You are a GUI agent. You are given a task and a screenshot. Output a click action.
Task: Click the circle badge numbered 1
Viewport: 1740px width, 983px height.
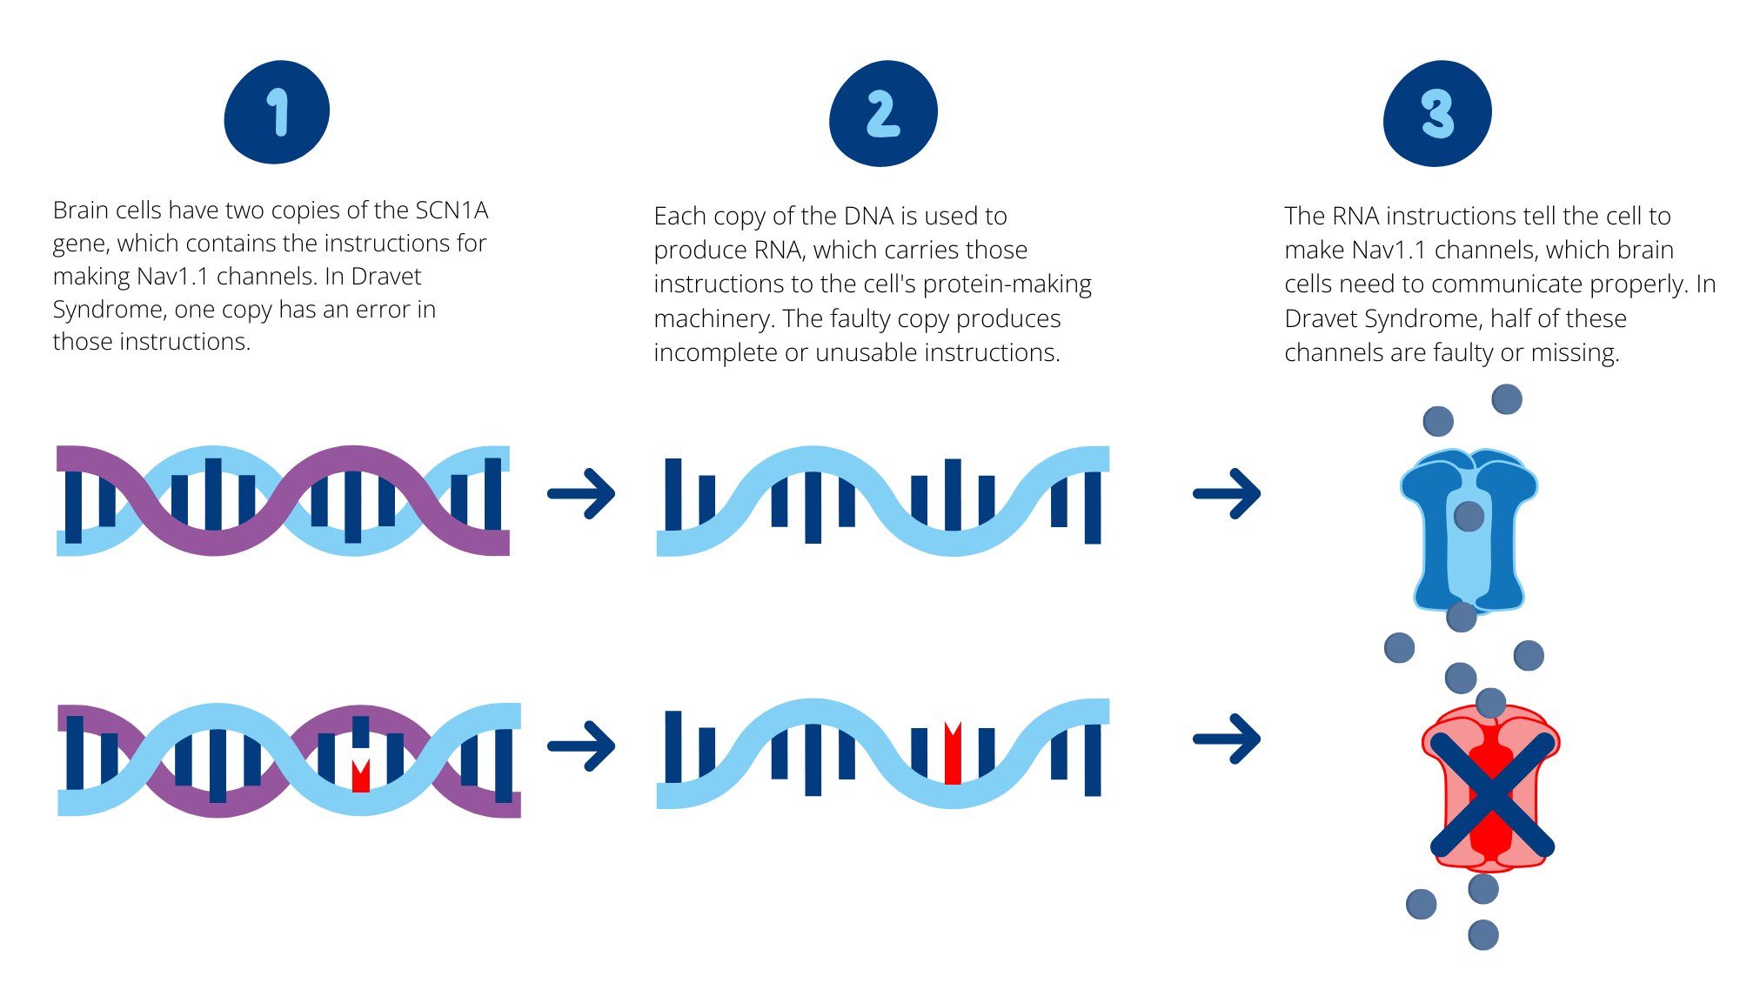tap(277, 112)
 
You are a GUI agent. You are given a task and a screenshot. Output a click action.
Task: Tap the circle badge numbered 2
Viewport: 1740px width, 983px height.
tap(883, 113)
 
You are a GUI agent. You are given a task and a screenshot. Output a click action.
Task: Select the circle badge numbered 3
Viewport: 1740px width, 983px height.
tap(1437, 113)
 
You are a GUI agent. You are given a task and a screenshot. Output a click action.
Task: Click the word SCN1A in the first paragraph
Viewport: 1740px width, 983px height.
tap(452, 211)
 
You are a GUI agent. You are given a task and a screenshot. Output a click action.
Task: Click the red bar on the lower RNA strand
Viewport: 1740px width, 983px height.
tap(953, 752)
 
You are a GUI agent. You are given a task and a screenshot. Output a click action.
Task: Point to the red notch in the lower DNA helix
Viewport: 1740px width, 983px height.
tap(361, 775)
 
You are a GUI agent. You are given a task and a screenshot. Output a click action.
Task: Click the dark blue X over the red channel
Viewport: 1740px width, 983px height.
tap(1492, 794)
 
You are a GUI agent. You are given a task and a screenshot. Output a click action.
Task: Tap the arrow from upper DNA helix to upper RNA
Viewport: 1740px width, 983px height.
tap(581, 493)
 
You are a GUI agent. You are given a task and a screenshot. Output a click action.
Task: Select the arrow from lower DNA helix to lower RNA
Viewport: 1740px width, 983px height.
tap(581, 746)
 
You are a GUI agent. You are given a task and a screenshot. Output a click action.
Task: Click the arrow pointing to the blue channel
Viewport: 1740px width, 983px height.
tap(1227, 493)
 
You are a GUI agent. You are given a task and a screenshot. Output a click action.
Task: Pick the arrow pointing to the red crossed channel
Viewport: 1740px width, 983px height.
tap(1227, 739)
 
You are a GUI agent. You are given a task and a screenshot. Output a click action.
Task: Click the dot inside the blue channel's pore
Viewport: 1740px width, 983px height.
tap(1469, 517)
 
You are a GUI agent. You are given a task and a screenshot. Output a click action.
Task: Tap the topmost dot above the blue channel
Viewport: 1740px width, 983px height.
tap(1507, 399)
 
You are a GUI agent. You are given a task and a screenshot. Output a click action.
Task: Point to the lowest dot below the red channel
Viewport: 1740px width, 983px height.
tap(1483, 935)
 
